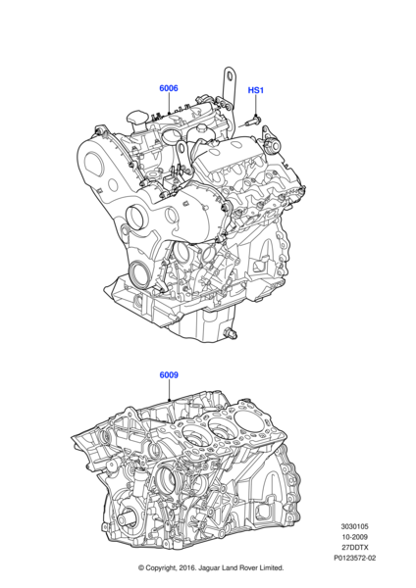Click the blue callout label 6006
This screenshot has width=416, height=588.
(169, 88)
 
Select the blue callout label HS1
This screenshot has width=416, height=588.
(256, 90)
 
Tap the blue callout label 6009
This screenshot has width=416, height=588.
(169, 375)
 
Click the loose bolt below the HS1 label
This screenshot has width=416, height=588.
(254, 121)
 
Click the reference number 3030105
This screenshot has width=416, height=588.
(354, 526)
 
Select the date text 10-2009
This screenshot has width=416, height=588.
(354, 537)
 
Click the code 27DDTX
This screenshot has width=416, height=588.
(354, 547)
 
